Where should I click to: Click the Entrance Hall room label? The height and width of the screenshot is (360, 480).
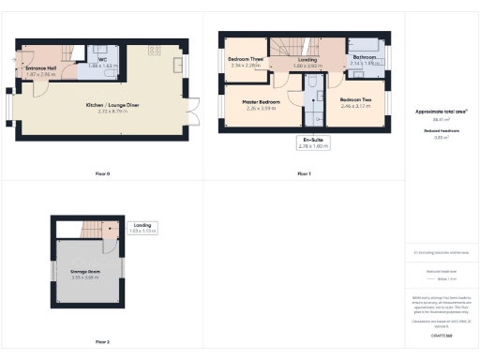41,67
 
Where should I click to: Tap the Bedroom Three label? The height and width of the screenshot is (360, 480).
246,61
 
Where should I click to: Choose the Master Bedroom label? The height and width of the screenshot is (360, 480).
262,101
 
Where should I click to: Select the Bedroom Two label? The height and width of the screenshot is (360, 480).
356,99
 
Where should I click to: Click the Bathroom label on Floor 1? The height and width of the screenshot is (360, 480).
364,58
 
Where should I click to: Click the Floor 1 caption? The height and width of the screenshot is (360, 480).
304,174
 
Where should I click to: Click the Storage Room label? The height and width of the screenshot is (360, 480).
85,271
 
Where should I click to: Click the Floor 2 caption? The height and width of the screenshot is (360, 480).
103,342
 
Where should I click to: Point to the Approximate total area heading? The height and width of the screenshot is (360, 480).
440,111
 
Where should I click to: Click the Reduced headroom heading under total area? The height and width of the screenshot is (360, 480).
440,132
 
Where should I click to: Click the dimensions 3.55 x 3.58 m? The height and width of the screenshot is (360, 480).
85,277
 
